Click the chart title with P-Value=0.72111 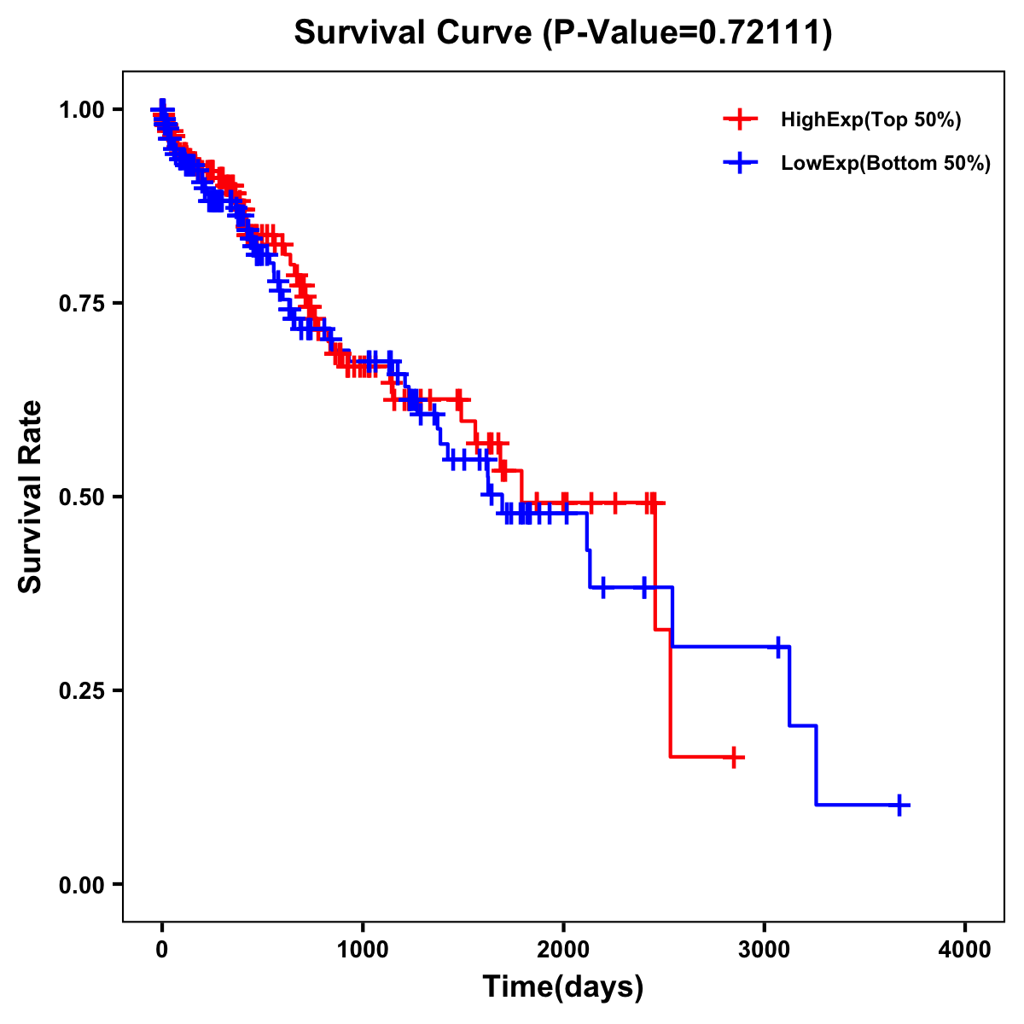pyautogui.click(x=562, y=33)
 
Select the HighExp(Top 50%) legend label pyautogui.click(x=870, y=120)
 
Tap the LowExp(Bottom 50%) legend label pyautogui.click(x=886, y=164)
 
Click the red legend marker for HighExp pyautogui.click(x=740, y=120)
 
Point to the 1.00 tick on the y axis pyautogui.click(x=81, y=110)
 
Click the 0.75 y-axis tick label pyautogui.click(x=81, y=304)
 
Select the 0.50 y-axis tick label pyautogui.click(x=81, y=497)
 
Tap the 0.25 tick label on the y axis pyautogui.click(x=81, y=690)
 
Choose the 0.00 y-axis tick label pyautogui.click(x=81, y=884)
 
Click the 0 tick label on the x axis pyautogui.click(x=162, y=950)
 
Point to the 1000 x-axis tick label pyautogui.click(x=363, y=950)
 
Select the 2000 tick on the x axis pyautogui.click(x=563, y=950)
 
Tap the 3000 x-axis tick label pyautogui.click(x=765, y=950)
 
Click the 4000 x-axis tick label pyautogui.click(x=965, y=950)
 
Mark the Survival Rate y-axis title pyautogui.click(x=31, y=497)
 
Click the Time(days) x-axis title pyautogui.click(x=563, y=987)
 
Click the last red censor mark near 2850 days pyautogui.click(x=733, y=757)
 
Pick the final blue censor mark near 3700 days pyautogui.click(x=899, y=805)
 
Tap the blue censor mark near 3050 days pyautogui.click(x=778, y=647)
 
